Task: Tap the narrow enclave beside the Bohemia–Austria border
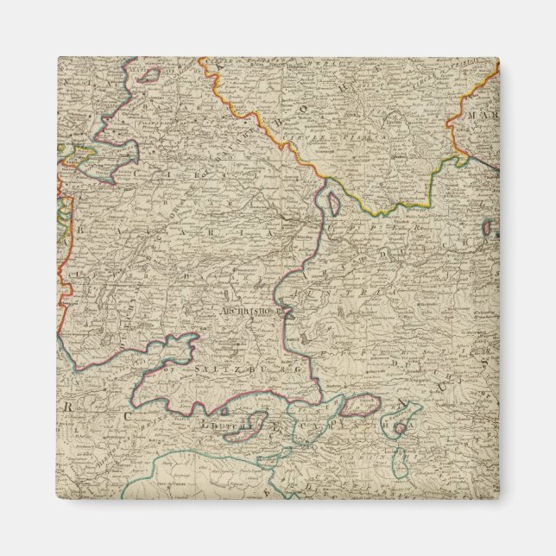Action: [x=333, y=203]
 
